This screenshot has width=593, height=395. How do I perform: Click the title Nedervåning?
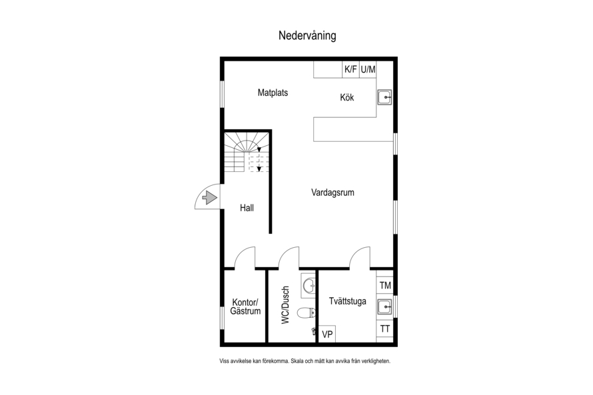point(307,35)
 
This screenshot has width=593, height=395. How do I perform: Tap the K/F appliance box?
point(350,69)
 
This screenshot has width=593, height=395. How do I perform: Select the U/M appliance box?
point(368,69)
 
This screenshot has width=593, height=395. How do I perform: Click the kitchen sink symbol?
point(384,97)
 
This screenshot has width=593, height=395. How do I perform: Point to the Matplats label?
point(273,93)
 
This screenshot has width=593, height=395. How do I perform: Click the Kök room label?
point(346,97)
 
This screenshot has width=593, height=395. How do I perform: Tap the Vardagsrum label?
point(332,193)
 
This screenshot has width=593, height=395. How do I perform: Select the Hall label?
point(247,208)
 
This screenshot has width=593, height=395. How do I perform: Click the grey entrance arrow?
point(210,198)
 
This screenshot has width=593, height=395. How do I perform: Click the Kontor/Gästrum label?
point(245,307)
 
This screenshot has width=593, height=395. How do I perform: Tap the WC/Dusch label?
point(286,304)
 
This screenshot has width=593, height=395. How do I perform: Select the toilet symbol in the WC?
point(306,312)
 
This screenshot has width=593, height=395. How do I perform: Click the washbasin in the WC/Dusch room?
point(308,284)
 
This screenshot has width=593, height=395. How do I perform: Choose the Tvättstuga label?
point(348,301)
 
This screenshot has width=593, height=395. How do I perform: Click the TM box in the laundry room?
point(385,285)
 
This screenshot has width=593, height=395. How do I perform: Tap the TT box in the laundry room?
point(385,329)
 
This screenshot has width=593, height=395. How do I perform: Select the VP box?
point(327,334)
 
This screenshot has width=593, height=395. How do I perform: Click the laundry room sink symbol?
point(385,307)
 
